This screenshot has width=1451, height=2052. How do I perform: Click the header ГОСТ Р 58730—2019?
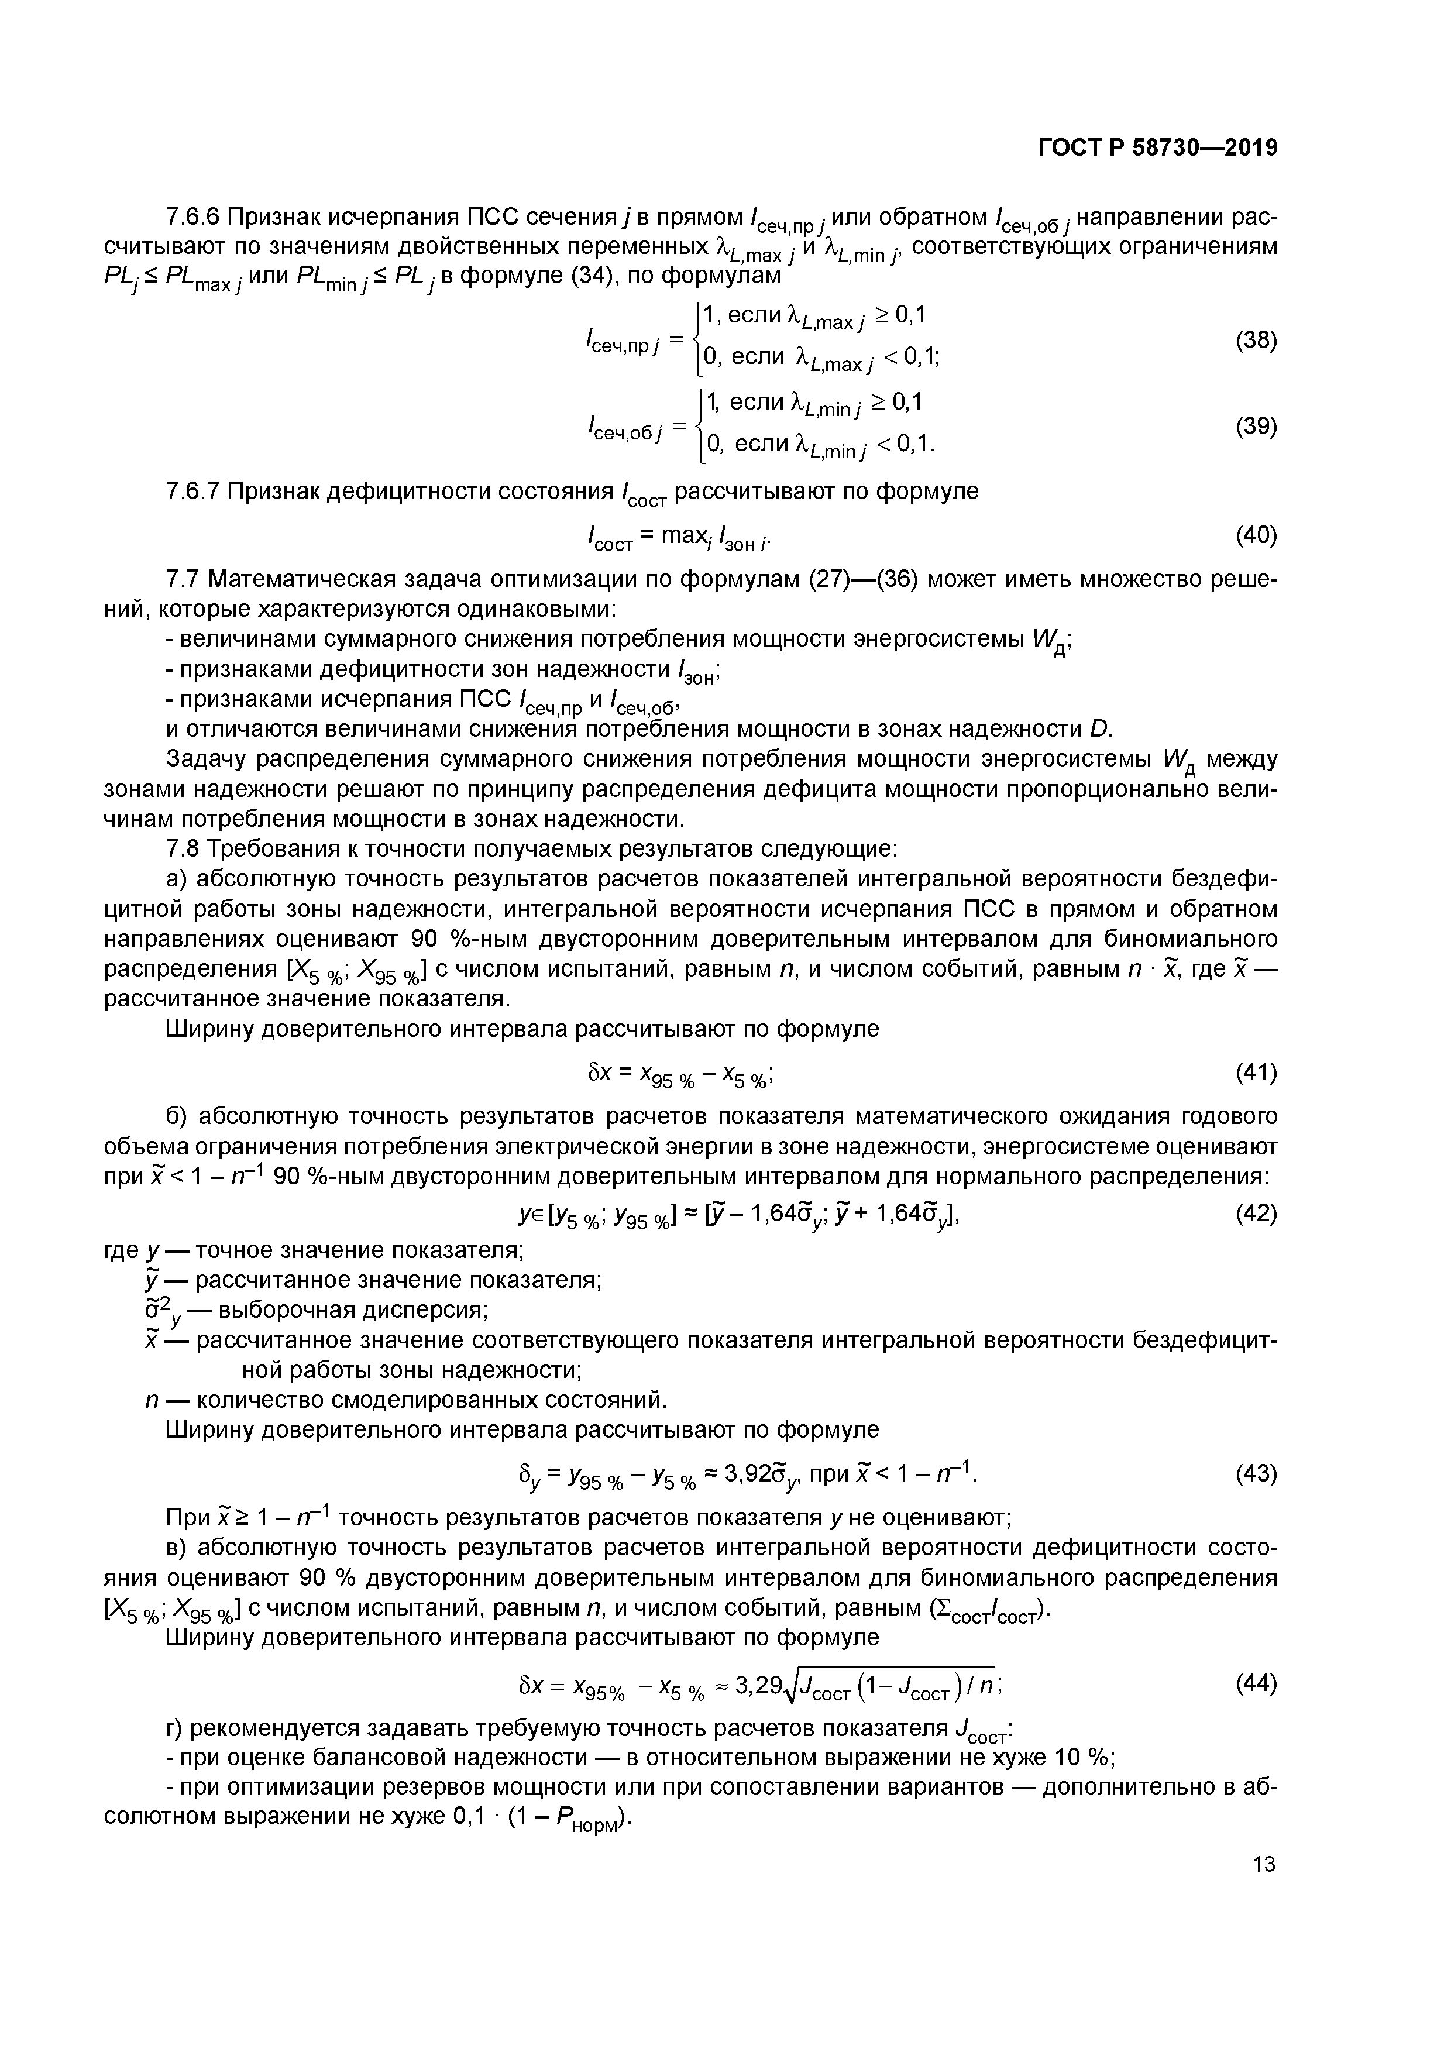pos(1157,149)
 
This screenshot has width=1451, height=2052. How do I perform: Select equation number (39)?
pos(1256,427)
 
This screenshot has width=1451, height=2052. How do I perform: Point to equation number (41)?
pos(1256,1073)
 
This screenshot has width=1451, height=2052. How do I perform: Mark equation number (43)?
pos(1256,1473)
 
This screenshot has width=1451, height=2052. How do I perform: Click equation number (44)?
pos(1256,1684)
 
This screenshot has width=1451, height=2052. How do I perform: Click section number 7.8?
pos(183,848)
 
